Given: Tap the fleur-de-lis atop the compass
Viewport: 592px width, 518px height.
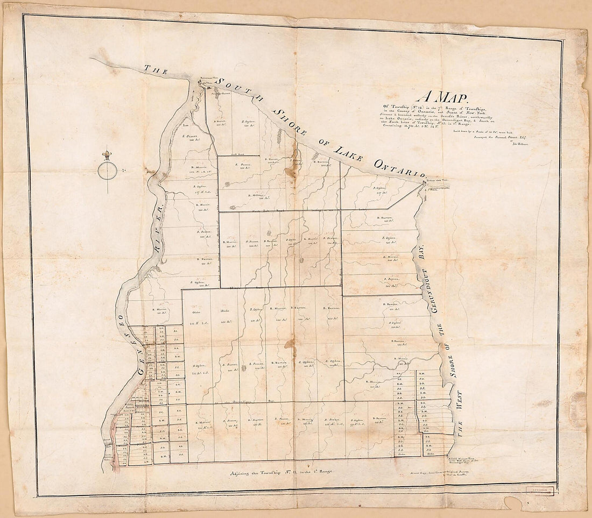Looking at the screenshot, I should (x=107, y=155).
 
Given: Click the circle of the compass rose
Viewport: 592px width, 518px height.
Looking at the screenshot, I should (x=107, y=171).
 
